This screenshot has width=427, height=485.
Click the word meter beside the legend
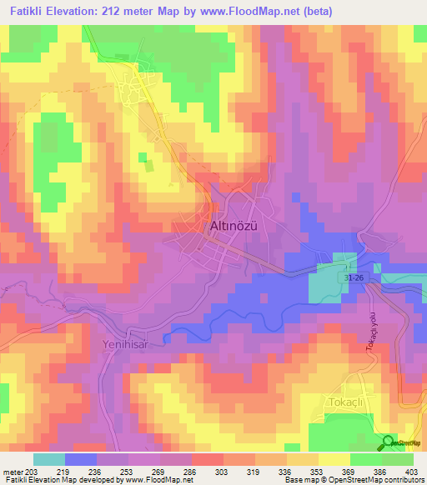pos(13,471)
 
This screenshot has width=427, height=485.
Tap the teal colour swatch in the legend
pos(49,459)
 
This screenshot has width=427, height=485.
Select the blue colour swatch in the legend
pos(81,459)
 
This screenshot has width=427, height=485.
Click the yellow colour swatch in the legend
pos(334,459)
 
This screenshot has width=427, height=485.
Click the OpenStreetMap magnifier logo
pos(387,442)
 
